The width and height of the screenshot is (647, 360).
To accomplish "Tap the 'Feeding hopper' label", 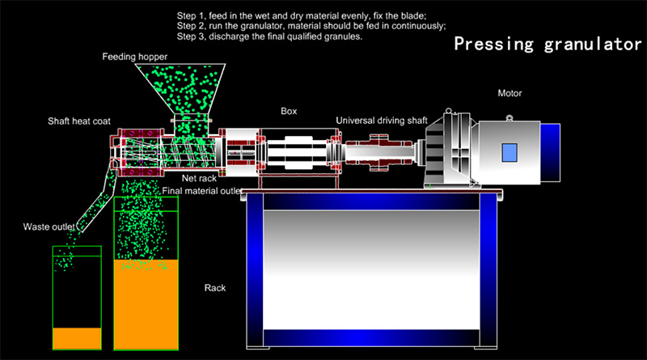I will (x=134, y=57).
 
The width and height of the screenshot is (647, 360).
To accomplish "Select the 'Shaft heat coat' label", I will (x=78, y=121).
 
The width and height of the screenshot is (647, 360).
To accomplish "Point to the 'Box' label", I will (x=289, y=111).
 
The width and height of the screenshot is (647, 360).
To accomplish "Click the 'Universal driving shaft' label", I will (x=382, y=121).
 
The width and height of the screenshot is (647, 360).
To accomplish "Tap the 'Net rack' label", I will (x=198, y=178).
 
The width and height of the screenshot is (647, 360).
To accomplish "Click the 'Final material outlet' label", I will (x=202, y=192).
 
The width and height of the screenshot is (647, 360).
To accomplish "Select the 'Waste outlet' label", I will (x=49, y=227).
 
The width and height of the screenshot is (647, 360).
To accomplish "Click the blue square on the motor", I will (x=510, y=151).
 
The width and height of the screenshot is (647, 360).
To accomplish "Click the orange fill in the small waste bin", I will (x=77, y=337).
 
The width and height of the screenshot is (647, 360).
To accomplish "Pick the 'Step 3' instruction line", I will (x=269, y=36).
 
